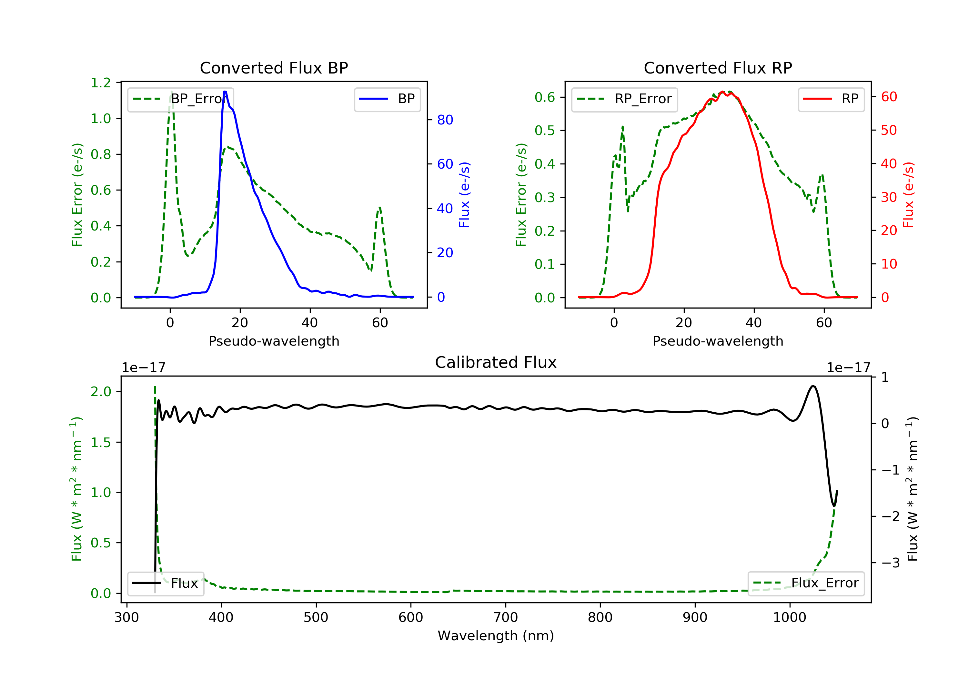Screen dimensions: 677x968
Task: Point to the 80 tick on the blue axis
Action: click(x=445, y=120)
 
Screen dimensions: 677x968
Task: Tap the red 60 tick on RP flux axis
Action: click(x=889, y=97)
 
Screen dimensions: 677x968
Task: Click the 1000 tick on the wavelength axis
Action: click(x=789, y=618)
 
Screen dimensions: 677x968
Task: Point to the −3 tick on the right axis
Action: click(x=890, y=563)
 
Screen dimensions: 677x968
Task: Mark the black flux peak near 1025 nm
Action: click(x=813, y=386)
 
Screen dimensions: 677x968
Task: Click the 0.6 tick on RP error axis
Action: click(x=545, y=97)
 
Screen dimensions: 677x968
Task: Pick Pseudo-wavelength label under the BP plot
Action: click(x=274, y=341)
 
